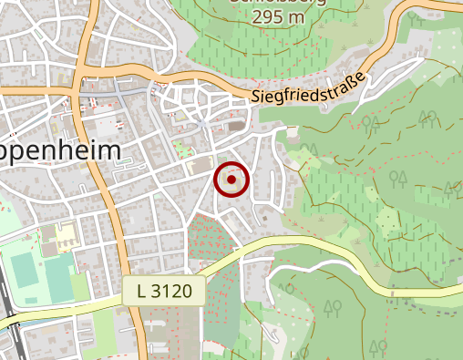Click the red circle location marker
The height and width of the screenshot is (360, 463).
[231, 180]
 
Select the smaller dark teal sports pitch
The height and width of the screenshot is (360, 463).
[56, 273]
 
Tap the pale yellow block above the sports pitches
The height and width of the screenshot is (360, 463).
[64, 236]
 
